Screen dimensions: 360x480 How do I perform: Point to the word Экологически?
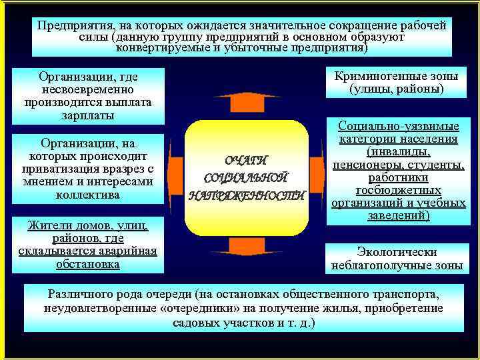pos(397,252)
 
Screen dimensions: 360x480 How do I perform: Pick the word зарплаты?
pos(88,115)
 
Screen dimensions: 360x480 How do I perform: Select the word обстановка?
pos(88,264)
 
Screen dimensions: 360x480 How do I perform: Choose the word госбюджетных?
pos(397,190)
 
